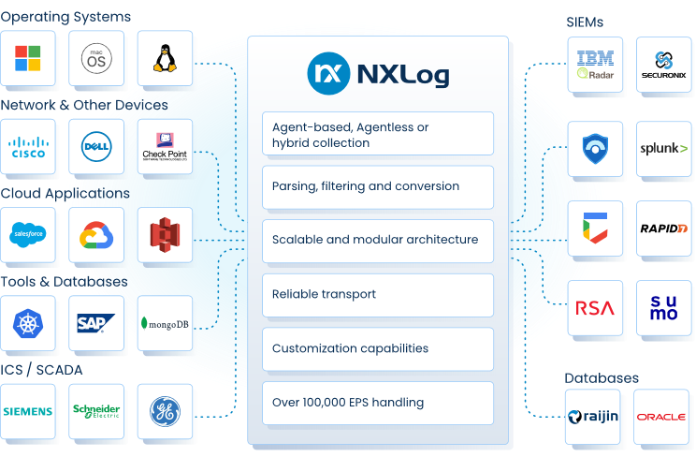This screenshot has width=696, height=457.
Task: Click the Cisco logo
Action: [x=28, y=147]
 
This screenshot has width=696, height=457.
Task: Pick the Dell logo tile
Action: [x=96, y=147]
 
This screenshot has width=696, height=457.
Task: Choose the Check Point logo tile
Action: [x=165, y=147]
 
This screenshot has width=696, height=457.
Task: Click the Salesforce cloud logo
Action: [x=28, y=235]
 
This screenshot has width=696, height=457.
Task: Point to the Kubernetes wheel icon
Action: [x=28, y=323]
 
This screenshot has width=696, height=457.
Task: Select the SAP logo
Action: [x=96, y=323]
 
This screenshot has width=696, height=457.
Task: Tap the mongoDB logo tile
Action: [x=165, y=323]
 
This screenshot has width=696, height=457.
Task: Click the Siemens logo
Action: [x=28, y=411]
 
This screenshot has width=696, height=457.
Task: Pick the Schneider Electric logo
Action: [x=96, y=411]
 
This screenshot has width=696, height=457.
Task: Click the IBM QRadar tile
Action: [x=596, y=64]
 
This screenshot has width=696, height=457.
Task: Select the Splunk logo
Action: [x=663, y=148]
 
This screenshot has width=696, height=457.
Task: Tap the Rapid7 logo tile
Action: [x=663, y=228]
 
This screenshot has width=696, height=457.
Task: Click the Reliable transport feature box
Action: [x=378, y=294]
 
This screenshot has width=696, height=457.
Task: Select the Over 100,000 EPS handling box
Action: [x=378, y=403]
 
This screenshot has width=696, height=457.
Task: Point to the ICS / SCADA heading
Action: [x=42, y=369]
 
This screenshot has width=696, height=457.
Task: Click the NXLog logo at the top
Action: [x=378, y=72]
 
